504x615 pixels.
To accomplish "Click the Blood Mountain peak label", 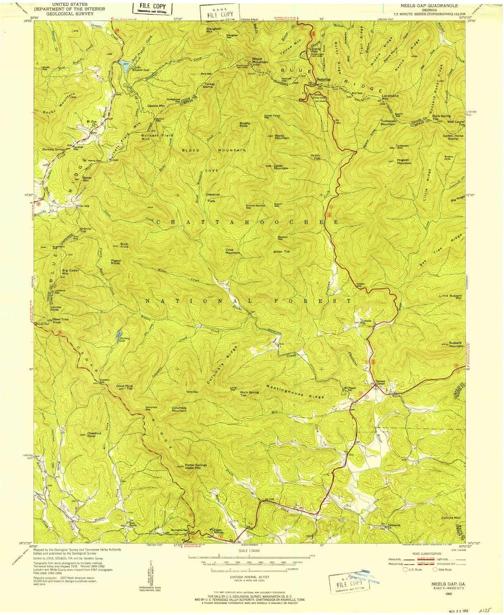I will point(260,60).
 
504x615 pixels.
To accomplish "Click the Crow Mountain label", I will point(232,251).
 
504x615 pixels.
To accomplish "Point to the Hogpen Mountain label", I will point(404,162).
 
